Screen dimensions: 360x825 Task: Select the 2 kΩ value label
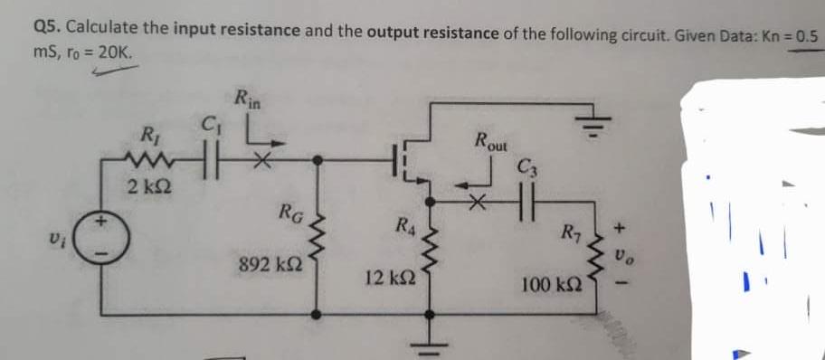[145, 188]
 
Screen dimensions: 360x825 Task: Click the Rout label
[491, 142]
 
